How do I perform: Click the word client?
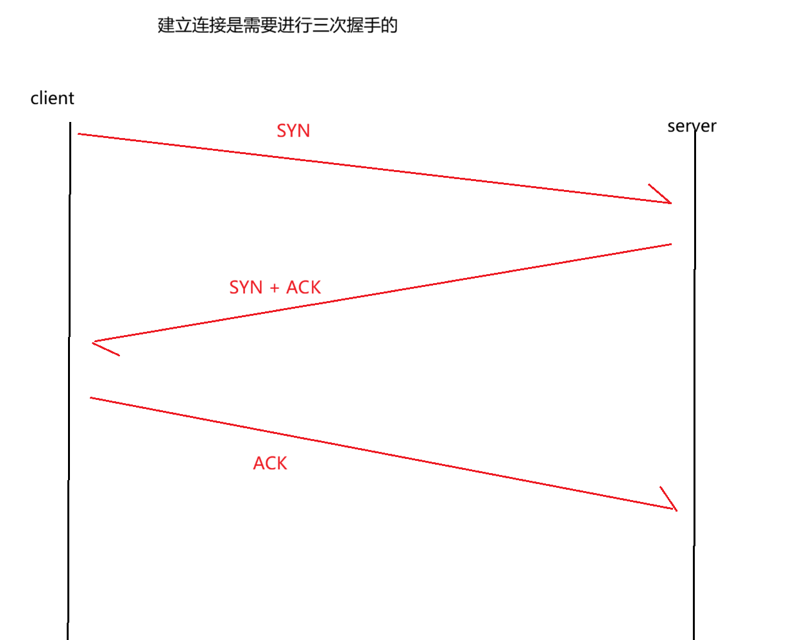[52, 98]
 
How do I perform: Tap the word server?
[692, 126]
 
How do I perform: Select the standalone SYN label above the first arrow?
[293, 131]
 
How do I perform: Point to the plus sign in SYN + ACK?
[275, 288]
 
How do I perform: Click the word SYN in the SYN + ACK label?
[246, 288]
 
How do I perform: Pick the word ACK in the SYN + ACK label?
[303, 288]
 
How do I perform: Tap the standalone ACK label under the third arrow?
[270, 463]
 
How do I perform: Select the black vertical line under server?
[694, 385]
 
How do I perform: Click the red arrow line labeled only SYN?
[372, 168]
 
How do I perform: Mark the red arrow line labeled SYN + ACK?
[385, 292]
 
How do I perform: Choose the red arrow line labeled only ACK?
[385, 454]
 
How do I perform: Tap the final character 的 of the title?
[389, 25]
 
